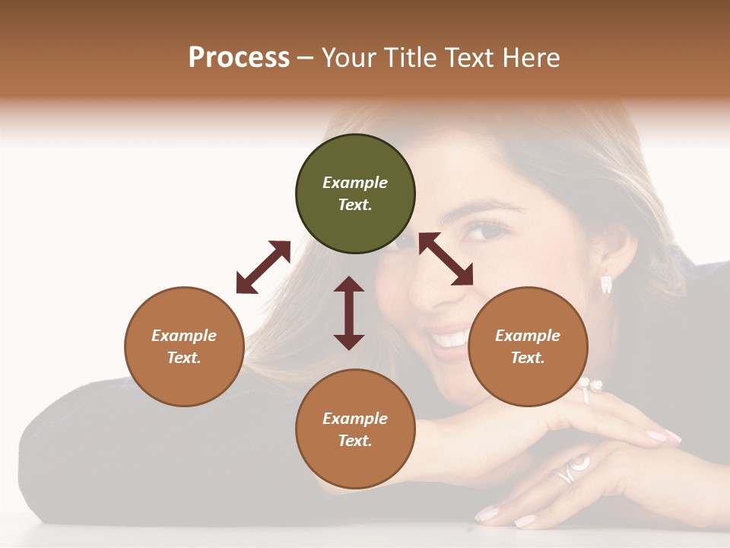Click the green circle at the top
pos(355,194)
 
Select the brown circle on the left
pos(184,346)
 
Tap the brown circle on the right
pos(528,346)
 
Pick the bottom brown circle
pos(355,429)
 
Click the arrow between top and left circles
pos(263,267)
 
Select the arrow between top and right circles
pos(446,259)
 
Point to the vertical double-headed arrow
pos(349,313)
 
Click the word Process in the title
pos(239,57)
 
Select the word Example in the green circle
pos(355,183)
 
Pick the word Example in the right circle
pos(528,336)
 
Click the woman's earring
pos(606,284)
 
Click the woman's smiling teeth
pos(451,338)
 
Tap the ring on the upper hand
pos(587,390)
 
